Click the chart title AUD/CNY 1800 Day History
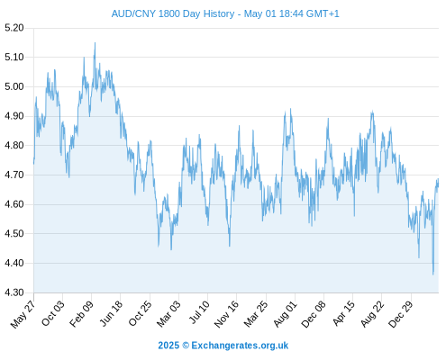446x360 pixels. [x=173, y=13]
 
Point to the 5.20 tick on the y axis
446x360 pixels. [x=14, y=28]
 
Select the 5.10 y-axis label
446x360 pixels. [x=14, y=57]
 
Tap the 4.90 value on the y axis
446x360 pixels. [x=14, y=116]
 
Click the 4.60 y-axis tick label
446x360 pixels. [x=14, y=204]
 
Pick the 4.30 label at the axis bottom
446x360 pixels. [x=14, y=292]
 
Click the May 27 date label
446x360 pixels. [x=23, y=314]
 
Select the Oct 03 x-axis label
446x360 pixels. [x=53, y=313]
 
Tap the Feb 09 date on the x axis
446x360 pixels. [x=81, y=314]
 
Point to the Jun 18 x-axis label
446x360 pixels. [x=111, y=313]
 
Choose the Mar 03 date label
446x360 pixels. [x=168, y=314]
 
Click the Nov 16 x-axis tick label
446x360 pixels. [x=226, y=314]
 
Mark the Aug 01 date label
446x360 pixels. [x=286, y=314]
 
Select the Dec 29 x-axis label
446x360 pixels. [x=401, y=314]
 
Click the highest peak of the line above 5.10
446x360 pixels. [x=95, y=43]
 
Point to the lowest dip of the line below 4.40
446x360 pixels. [x=433, y=274]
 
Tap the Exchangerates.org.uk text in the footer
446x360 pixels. [x=240, y=346]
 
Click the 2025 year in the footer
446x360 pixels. [x=168, y=346]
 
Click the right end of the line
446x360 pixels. [x=438, y=179]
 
